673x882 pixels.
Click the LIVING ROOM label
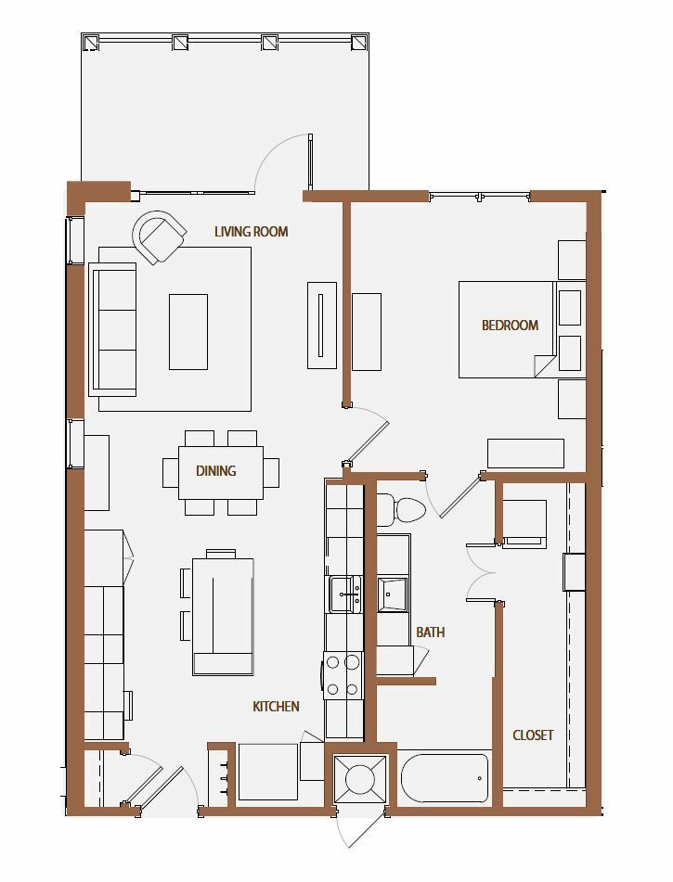252,231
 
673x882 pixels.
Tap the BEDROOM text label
510,326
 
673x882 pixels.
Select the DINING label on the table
215,471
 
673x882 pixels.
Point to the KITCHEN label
276,707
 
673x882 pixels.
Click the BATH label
431,633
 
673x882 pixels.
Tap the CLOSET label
533,735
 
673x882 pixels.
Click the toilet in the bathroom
401,509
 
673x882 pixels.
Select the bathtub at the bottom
445,778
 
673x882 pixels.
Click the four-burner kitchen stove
343,675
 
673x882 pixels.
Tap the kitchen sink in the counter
345,594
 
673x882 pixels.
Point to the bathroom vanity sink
392,594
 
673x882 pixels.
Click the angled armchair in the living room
160,236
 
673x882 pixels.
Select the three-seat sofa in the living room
112,329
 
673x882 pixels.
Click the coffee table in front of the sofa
188,332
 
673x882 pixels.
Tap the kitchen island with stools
223,616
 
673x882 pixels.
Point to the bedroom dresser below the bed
525,454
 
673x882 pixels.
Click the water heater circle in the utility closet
359,779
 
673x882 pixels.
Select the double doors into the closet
482,572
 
